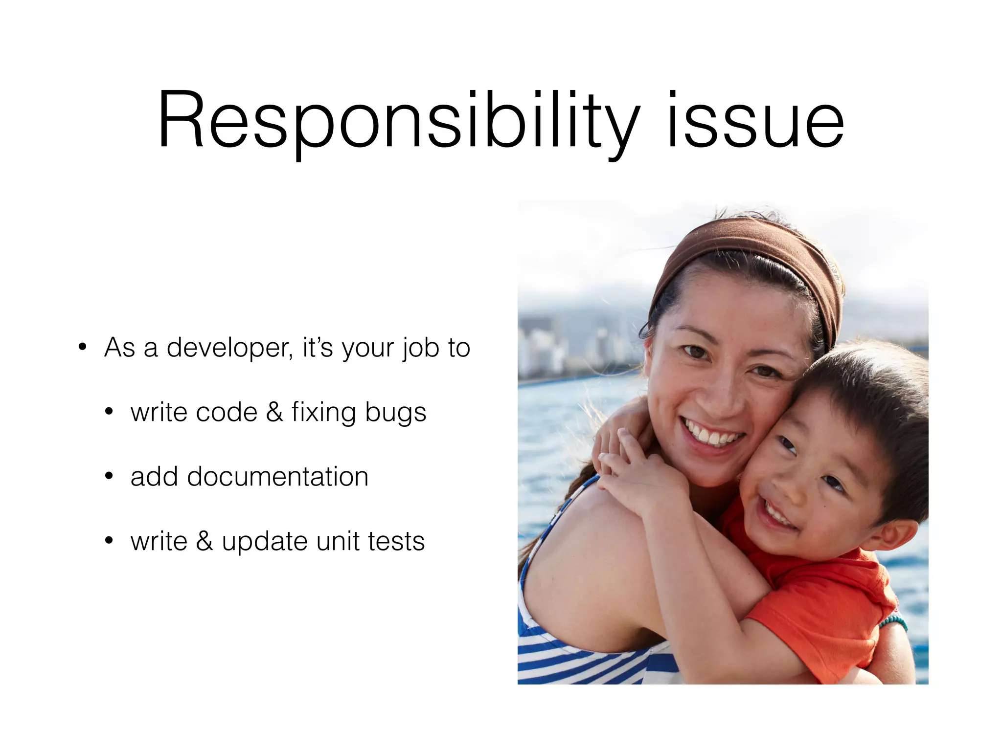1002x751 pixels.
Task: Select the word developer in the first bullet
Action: click(x=229, y=348)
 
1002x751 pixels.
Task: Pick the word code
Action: click(x=226, y=412)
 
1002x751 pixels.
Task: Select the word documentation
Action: click(x=277, y=477)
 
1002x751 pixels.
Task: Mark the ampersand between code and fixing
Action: click(x=274, y=412)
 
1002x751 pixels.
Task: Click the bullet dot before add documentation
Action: click(x=109, y=476)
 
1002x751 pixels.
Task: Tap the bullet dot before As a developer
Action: click(x=83, y=347)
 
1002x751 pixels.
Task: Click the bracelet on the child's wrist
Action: click(x=893, y=622)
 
